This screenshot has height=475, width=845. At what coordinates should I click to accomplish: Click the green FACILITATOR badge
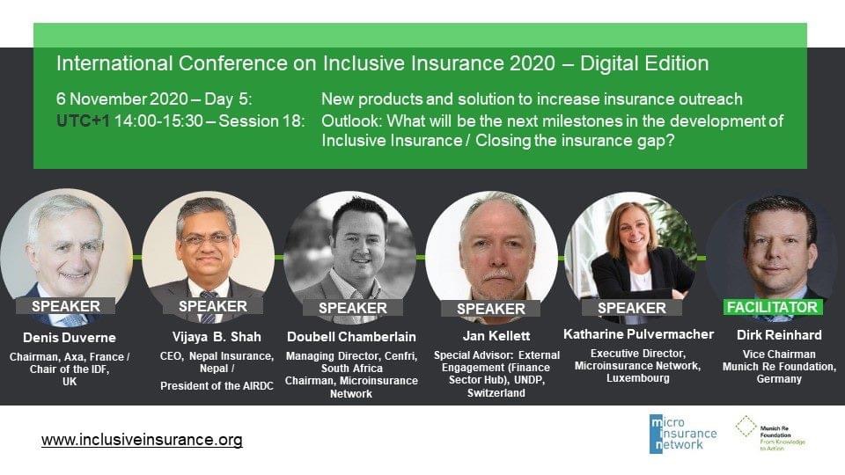772,307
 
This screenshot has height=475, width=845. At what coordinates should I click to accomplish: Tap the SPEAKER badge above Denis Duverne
66,306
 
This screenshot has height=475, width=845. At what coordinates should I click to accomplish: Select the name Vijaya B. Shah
217,337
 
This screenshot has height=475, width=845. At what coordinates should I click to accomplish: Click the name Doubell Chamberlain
351,337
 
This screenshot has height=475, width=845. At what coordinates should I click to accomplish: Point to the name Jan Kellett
496,336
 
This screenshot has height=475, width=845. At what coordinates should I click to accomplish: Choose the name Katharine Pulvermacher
639,334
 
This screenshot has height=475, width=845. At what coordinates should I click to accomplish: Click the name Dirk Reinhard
779,335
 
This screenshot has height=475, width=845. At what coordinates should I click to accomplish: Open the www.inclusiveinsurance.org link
142,440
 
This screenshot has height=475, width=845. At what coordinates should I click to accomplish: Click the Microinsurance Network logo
683,434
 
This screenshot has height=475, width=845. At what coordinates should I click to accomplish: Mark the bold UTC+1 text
83,121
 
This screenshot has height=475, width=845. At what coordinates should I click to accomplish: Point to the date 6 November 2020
122,99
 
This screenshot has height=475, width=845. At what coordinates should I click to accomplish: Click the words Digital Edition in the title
644,63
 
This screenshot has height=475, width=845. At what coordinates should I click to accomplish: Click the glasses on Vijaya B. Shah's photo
207,239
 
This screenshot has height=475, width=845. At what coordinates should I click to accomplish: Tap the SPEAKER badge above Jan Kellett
490,309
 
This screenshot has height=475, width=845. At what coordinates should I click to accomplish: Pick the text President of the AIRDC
217,386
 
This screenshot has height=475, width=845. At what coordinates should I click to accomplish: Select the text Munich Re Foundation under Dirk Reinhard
779,367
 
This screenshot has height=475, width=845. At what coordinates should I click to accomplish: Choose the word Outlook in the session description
350,121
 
